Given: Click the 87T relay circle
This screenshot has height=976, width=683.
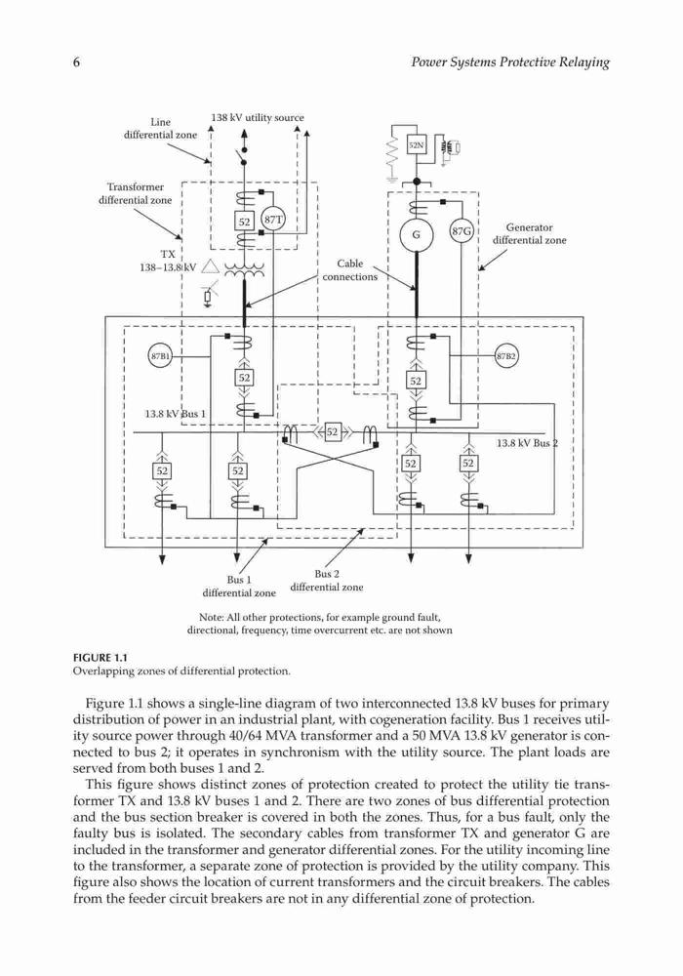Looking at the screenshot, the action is pos(273,220).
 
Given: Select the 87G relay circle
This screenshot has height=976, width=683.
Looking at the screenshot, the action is pos(461,232).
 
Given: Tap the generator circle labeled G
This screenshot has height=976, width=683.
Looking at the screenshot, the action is pos(417,234).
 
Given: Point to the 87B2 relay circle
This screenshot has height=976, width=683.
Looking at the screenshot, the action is pos(506,356).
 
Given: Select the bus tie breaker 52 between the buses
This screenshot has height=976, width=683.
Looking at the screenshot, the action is pos(332,432).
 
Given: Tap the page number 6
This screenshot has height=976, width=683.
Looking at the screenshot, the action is pos(77,62).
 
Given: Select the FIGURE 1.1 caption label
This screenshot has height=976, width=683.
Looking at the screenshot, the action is pos(100,658).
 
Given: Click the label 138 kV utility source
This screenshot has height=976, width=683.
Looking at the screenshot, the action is pos(258,118).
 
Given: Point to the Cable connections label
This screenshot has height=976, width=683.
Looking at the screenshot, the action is pos(349,270).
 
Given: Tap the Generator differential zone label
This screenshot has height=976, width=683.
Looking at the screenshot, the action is pos(530,234).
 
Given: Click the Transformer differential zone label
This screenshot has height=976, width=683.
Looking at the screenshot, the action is pos(135,193).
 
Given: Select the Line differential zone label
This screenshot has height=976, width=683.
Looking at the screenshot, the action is pos(160,128).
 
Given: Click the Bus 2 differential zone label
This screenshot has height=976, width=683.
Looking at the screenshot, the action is pos(327,580).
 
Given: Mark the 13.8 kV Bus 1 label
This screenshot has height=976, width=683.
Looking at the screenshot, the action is pos(175,414).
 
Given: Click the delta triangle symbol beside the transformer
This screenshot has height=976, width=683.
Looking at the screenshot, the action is pos(210,267).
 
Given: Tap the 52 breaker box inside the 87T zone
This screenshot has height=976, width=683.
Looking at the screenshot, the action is pos(244,222).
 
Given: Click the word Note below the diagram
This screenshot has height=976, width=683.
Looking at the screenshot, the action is pos(210,618).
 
